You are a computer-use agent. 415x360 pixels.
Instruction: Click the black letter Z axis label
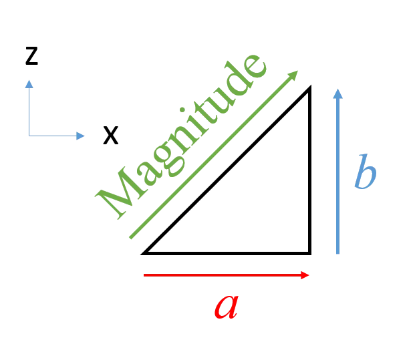point(32,56)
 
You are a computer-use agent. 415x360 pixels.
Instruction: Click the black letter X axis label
point(111,136)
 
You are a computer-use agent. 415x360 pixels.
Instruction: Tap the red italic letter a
point(227,307)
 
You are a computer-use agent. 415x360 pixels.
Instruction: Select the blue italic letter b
point(366,172)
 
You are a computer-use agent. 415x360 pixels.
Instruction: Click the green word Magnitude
point(180,136)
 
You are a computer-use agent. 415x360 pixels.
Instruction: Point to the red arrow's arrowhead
point(305,275)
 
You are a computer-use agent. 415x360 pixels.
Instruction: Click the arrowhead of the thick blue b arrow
point(337,94)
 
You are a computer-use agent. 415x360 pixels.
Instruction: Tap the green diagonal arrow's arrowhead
point(293,75)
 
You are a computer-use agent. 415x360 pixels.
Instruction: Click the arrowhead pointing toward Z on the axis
point(29,84)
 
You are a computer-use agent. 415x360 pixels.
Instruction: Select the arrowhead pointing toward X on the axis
point(80,136)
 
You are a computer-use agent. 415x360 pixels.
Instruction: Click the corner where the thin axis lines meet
point(29,136)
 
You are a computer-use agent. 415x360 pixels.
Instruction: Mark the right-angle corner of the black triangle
point(309,253)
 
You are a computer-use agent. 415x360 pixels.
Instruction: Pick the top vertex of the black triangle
point(310,86)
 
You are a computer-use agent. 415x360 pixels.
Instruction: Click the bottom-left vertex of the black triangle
point(142,254)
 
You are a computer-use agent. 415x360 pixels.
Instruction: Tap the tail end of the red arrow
point(144,275)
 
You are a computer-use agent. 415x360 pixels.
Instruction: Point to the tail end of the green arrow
point(130,238)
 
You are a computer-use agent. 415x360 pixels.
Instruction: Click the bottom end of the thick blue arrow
point(337,253)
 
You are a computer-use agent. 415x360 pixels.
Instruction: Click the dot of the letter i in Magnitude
point(182,110)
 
